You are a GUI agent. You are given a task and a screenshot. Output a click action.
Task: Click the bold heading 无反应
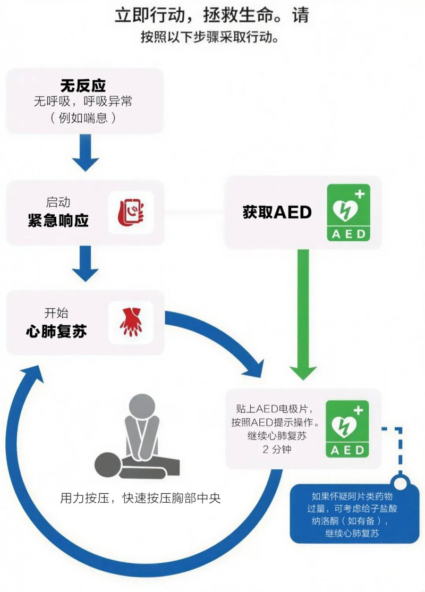(83, 85)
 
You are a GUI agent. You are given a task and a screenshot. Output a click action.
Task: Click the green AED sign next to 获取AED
(348, 213)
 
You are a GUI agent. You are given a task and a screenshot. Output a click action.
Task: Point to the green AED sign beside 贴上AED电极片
(348, 428)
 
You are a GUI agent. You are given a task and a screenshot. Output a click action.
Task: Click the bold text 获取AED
(277, 212)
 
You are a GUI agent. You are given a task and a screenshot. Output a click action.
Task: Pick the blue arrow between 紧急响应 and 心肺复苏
(85, 264)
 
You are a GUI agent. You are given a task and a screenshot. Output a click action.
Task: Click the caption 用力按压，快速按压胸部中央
(140, 498)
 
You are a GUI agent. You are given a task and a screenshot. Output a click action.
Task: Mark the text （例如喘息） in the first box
(83, 117)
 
